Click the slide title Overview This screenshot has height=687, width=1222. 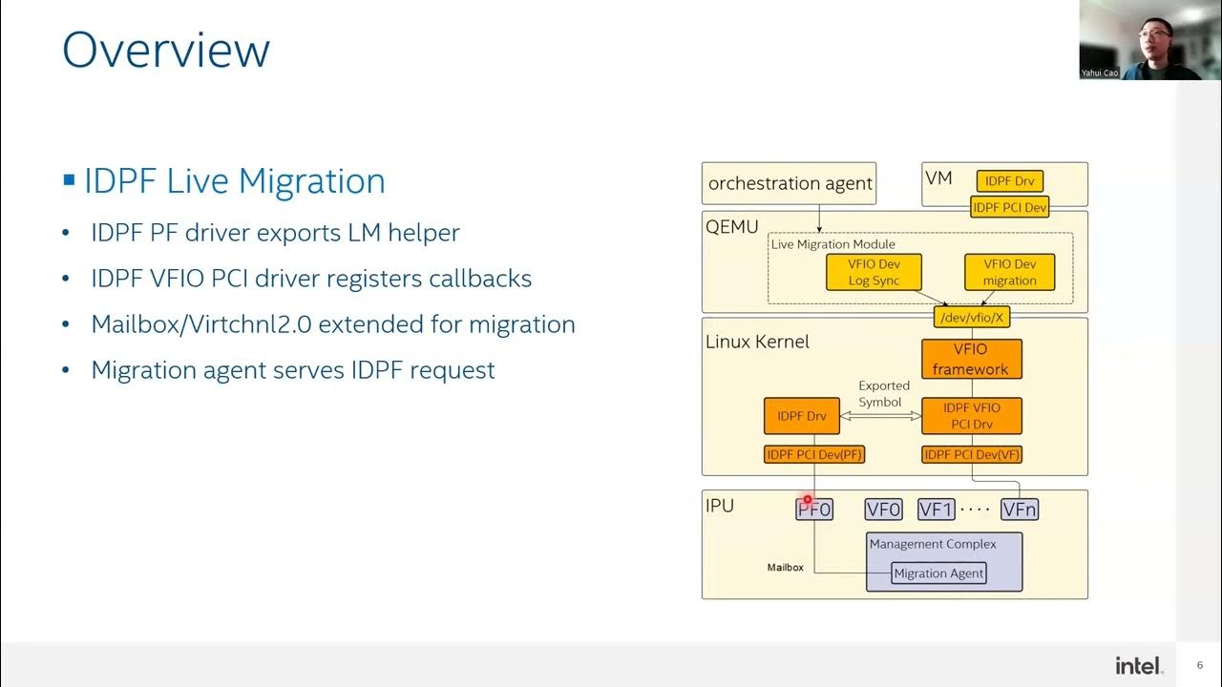(x=166, y=50)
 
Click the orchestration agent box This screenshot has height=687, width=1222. (x=790, y=183)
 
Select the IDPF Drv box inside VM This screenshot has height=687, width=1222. (x=1009, y=181)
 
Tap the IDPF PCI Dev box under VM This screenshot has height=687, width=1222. (x=1009, y=207)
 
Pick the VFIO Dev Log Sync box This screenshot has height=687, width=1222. (x=874, y=272)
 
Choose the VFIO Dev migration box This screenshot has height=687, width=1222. (x=1009, y=272)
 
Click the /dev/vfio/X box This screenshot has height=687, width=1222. (x=971, y=317)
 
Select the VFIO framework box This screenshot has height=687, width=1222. (x=971, y=360)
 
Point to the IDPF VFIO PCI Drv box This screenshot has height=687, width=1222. (x=971, y=416)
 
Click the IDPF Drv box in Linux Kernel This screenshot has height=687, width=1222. (x=802, y=416)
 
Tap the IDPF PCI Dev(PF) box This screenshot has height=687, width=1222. (x=813, y=455)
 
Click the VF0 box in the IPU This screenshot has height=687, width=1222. (x=883, y=510)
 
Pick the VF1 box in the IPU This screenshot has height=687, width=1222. (x=936, y=510)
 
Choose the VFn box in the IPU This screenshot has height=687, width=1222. (x=1019, y=510)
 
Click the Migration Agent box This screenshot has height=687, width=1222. (x=938, y=573)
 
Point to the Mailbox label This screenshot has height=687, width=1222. (x=785, y=568)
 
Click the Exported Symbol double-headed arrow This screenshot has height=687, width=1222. (x=880, y=416)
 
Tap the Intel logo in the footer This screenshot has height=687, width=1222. (x=1139, y=665)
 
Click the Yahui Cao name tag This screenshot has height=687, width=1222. (x=1100, y=73)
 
